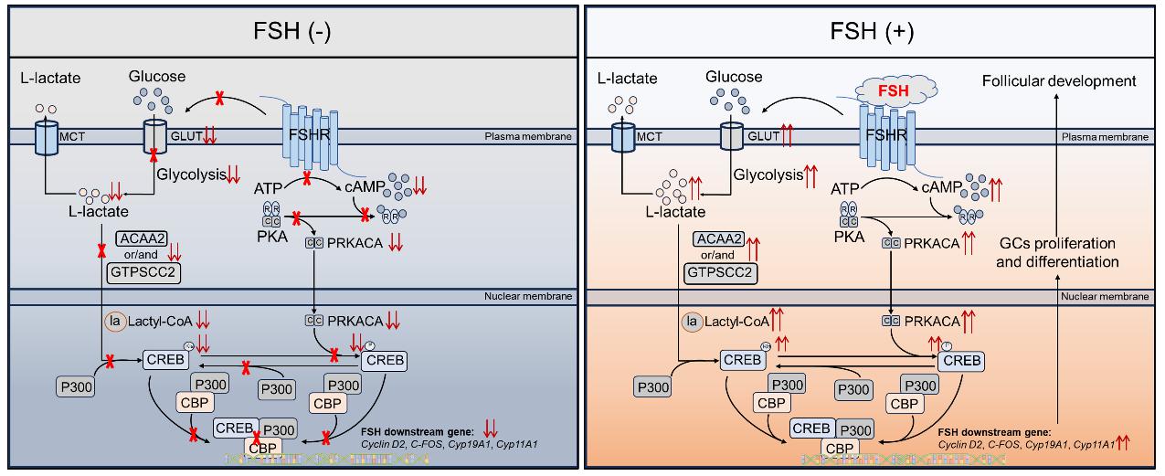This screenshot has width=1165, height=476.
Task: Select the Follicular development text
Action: (x=1059, y=81)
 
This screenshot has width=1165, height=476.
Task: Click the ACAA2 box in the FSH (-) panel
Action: (x=137, y=238)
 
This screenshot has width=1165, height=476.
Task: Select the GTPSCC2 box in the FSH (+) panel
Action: (x=718, y=271)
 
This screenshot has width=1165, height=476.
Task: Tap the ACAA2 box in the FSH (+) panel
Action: (x=717, y=238)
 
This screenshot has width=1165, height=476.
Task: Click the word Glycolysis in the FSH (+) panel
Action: (x=768, y=173)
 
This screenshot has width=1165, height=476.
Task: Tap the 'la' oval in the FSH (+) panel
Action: (x=692, y=321)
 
